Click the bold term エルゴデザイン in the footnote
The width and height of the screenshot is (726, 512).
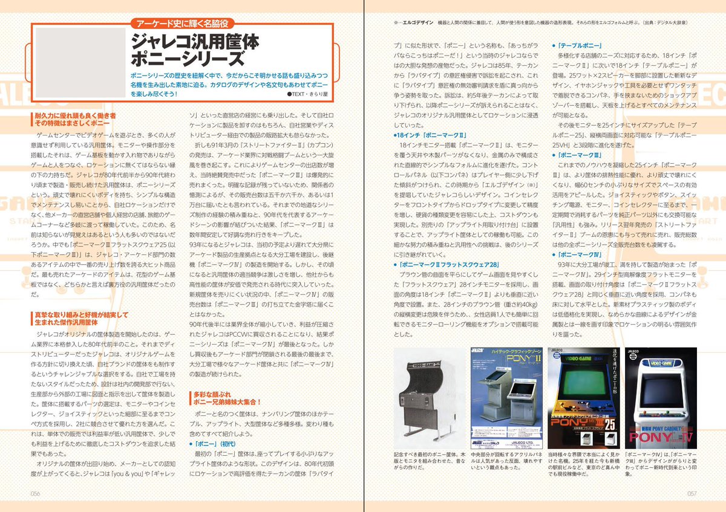pyautogui.click(x=418, y=22)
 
